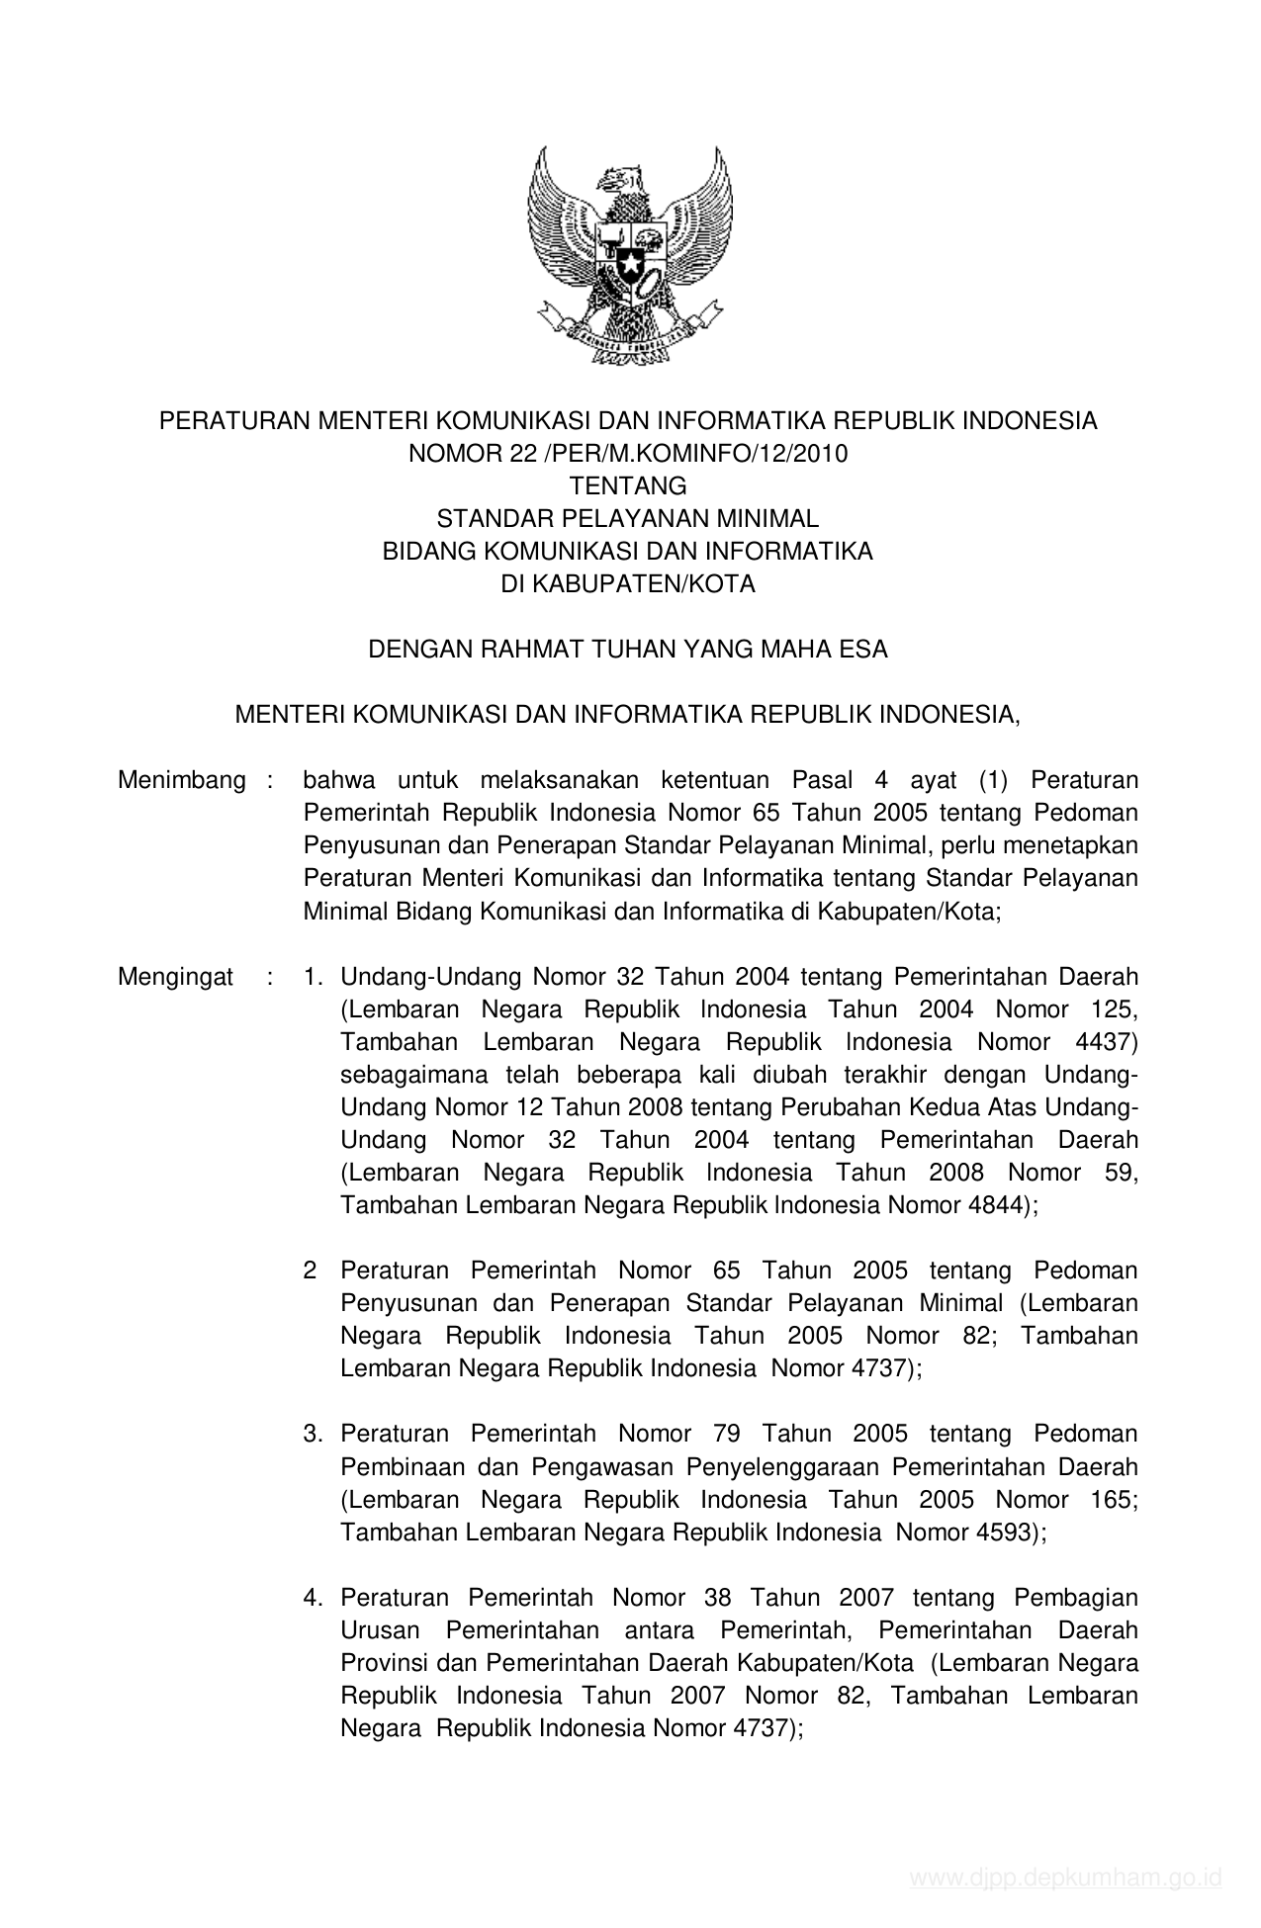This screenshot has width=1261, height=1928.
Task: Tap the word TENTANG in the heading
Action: coord(628,485)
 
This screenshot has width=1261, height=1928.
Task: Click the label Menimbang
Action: coord(181,780)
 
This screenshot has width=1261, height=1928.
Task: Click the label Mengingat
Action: coord(175,977)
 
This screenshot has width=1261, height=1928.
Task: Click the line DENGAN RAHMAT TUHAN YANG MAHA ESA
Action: coord(628,649)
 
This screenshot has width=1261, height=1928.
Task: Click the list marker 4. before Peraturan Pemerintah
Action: coord(314,1597)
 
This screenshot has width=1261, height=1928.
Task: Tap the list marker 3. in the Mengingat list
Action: coord(314,1434)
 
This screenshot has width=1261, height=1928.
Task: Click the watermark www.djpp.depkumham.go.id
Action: coord(1066,1877)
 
